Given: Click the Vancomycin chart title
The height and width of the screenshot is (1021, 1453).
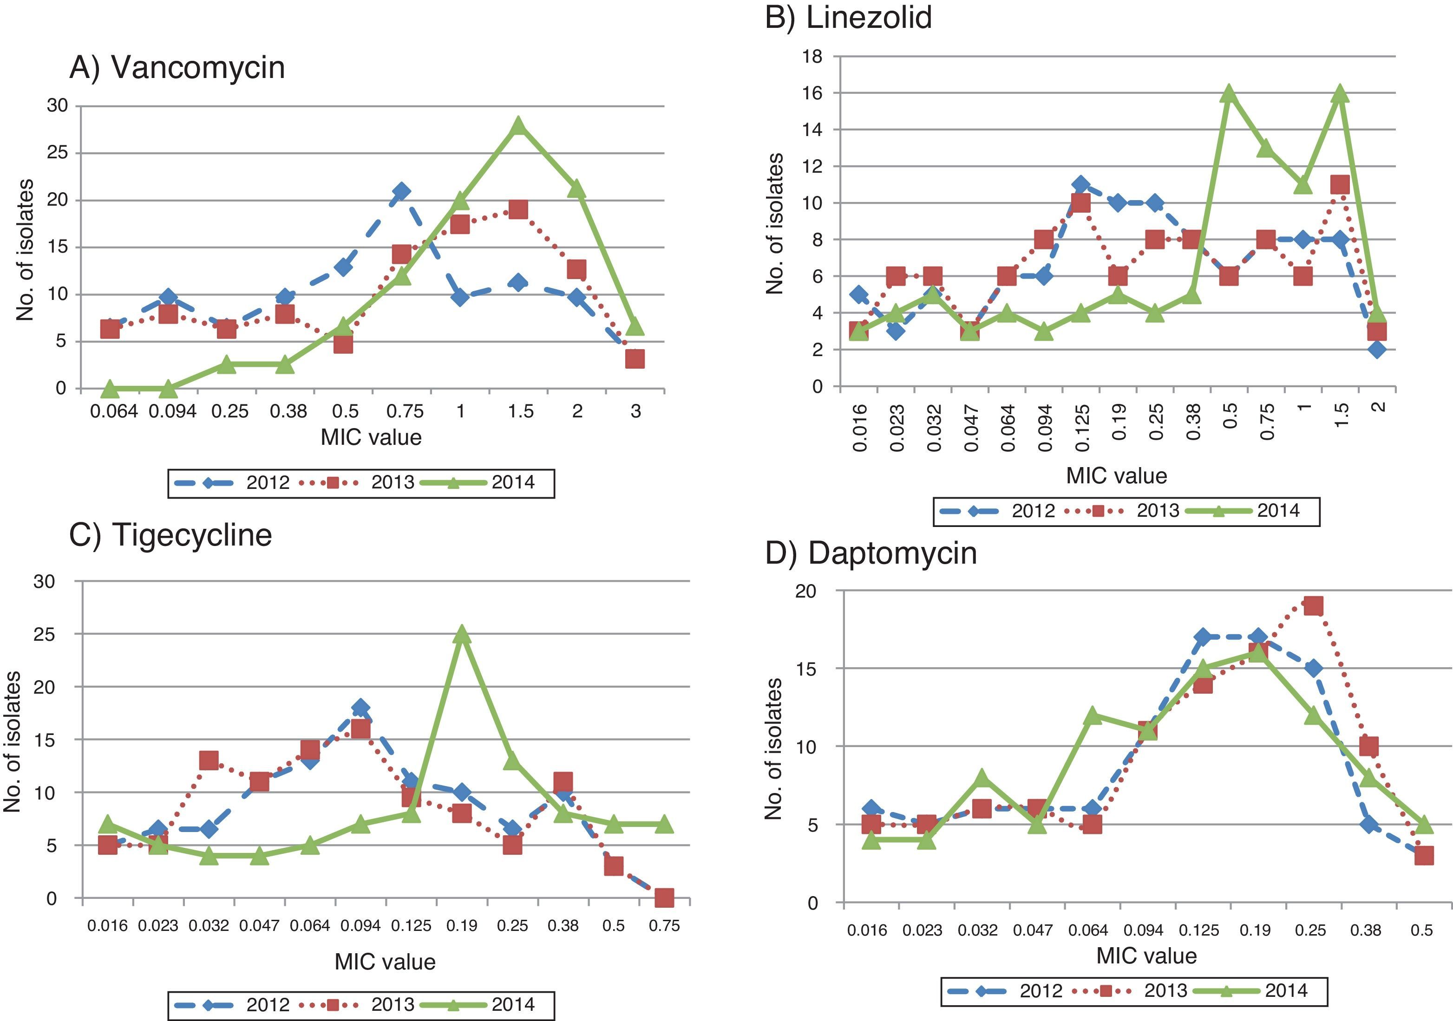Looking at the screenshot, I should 177,67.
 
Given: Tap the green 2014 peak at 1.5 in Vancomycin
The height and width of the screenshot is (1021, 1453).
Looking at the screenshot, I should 518,126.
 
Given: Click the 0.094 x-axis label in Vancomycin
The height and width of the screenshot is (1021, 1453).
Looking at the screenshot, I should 173,412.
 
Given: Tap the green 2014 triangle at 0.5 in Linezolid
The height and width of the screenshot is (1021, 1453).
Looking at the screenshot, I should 1228,94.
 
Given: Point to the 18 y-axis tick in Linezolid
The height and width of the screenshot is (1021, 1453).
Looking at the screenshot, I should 812,56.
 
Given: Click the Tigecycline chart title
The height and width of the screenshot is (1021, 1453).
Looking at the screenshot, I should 171,534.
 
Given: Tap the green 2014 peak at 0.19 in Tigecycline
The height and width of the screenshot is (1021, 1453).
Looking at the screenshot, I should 461,635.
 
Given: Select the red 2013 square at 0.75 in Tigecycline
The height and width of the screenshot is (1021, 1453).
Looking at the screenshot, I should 664,897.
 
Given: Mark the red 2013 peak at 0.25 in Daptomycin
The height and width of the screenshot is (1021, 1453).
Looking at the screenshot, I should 1313,606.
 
